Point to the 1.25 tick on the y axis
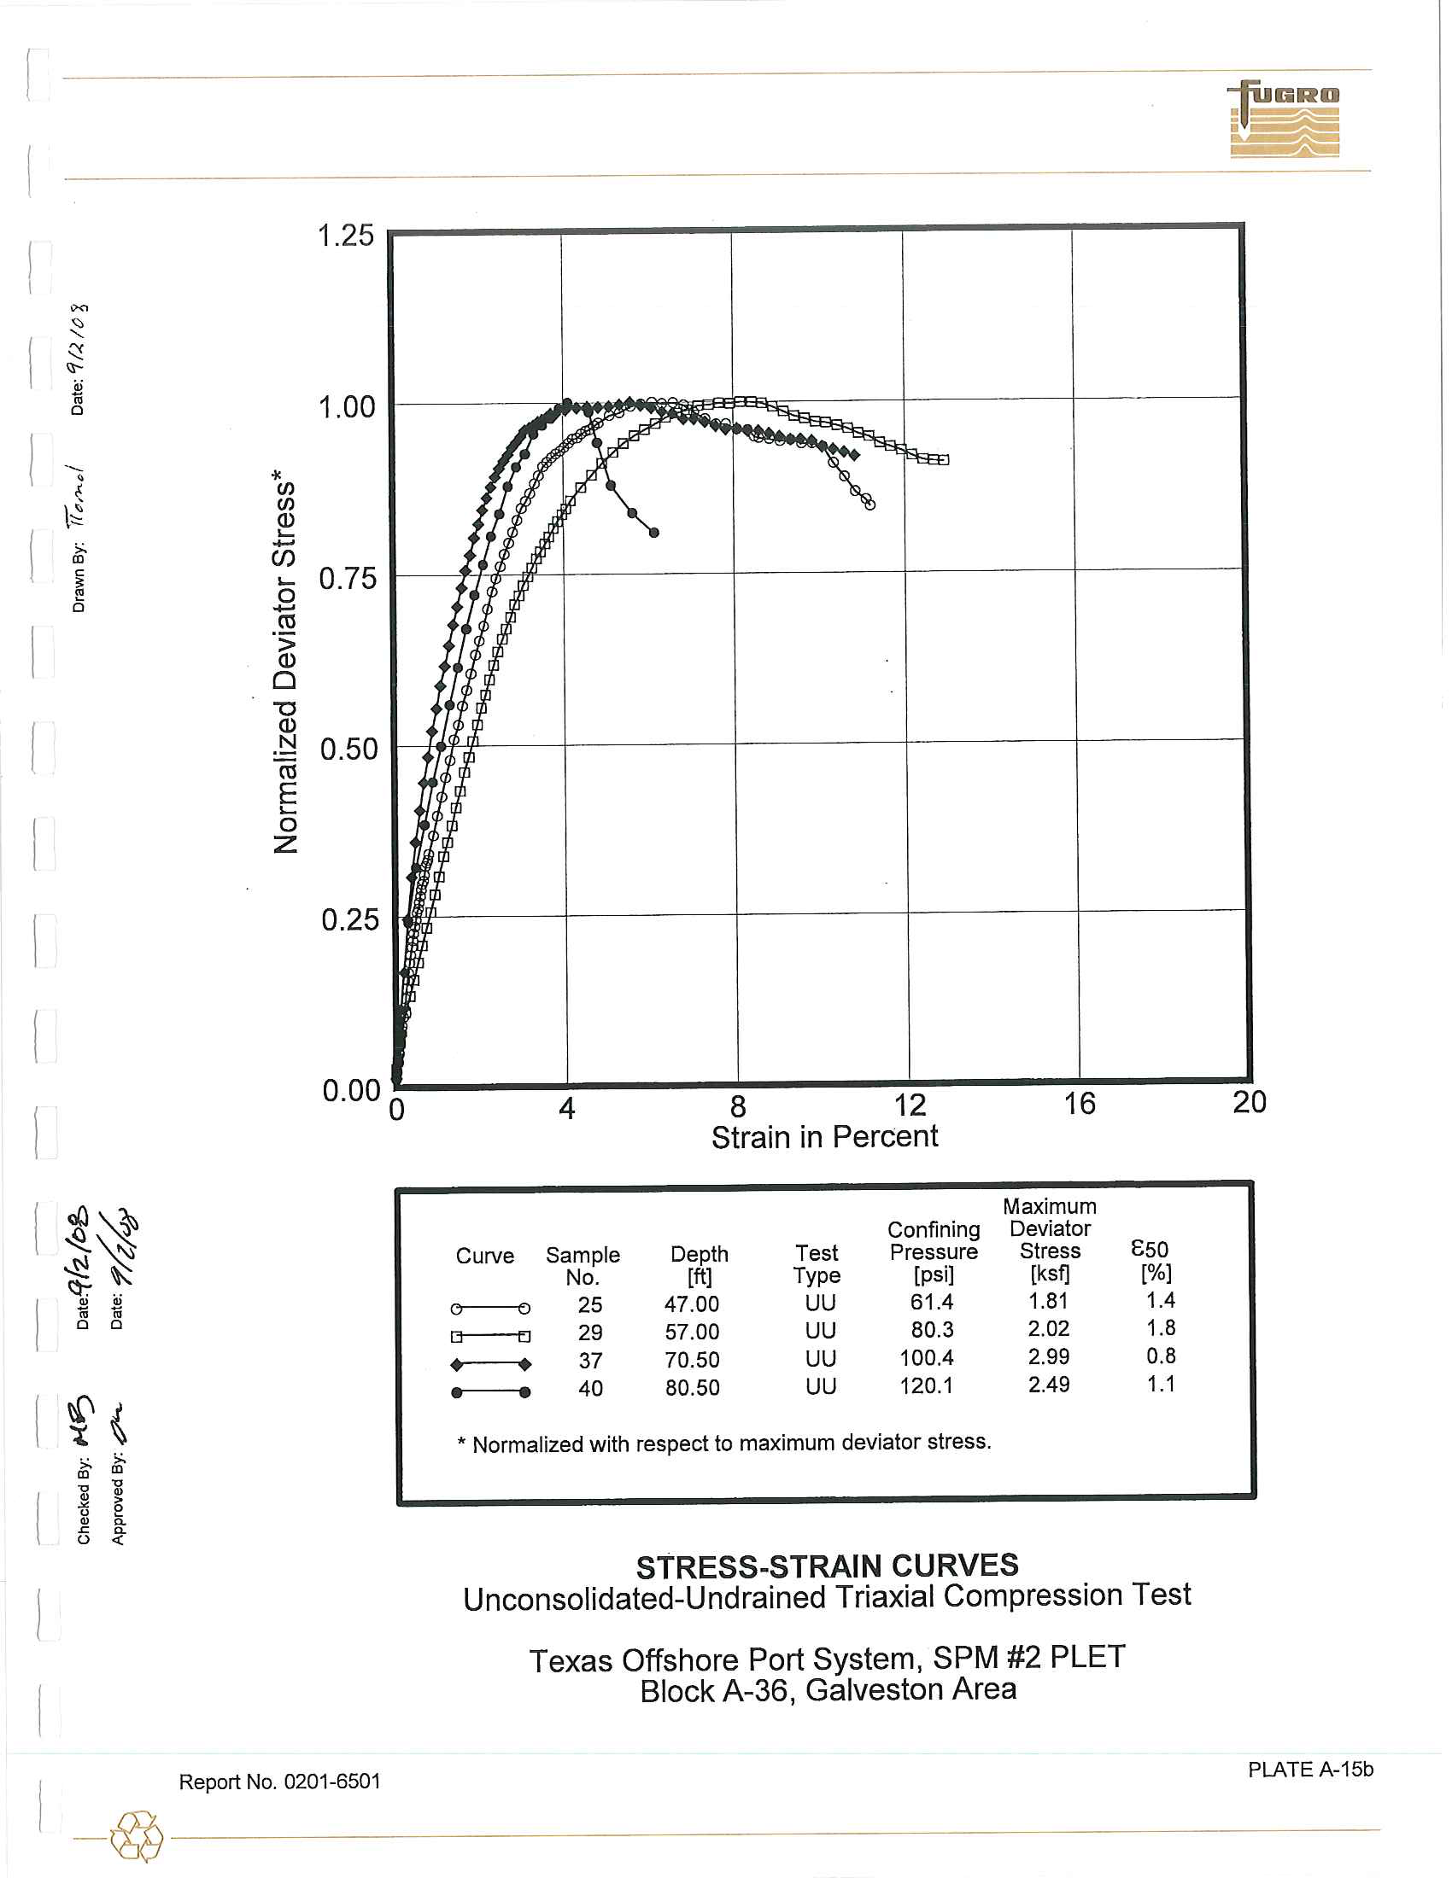point(346,235)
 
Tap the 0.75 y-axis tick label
point(348,578)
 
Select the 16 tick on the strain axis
point(1079,1103)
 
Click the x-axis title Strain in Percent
point(824,1137)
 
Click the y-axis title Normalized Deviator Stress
point(284,662)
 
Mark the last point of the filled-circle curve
point(653,534)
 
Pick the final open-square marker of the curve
point(944,460)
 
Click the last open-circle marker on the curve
point(870,504)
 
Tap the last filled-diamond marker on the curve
point(854,454)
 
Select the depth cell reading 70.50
point(692,1360)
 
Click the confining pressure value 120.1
point(926,1385)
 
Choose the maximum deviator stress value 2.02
point(1048,1328)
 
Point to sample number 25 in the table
point(589,1304)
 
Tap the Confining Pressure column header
point(934,1251)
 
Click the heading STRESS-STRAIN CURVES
point(827,1566)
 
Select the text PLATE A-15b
point(1310,1770)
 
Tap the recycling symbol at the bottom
point(137,1837)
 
